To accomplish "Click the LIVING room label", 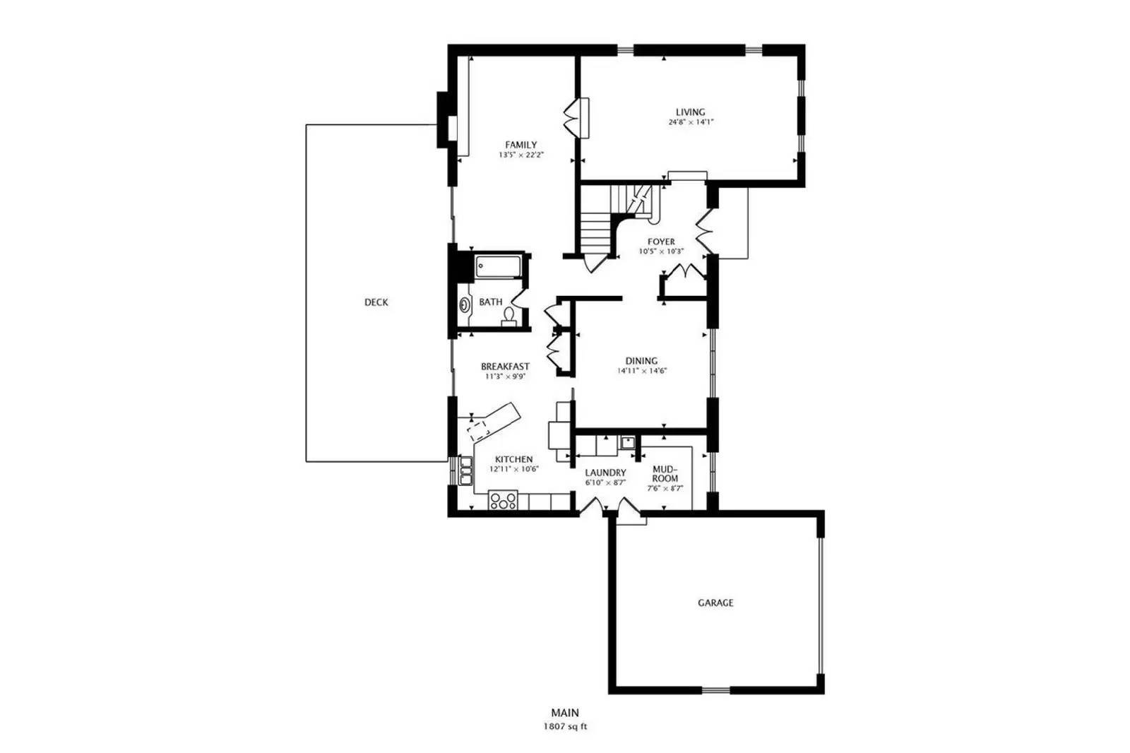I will (690, 112).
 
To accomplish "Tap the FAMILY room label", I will (521, 145).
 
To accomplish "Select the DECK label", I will (376, 302).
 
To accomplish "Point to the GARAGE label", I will (715, 603).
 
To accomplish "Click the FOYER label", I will (661, 242).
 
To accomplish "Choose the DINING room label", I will (641, 361).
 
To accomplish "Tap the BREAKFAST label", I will (505, 367).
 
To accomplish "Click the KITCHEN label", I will (513, 459).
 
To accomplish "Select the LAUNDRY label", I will (605, 473).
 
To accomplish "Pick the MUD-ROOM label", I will (665, 473).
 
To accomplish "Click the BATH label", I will (490, 302).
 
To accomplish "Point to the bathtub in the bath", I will (498, 267).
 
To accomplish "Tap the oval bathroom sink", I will (465, 305).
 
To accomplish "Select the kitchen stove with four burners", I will (503, 500).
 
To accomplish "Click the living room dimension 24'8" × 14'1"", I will (691, 122).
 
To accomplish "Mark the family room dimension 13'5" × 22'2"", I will (521, 155).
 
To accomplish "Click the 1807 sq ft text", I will (565, 726).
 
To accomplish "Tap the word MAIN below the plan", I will (565, 713).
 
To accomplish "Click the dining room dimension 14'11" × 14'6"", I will (642, 371).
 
